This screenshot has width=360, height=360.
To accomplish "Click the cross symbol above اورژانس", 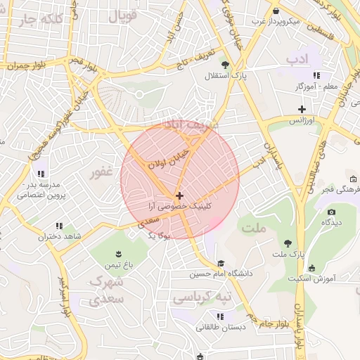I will [302, 109].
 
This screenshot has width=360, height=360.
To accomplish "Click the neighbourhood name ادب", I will [298, 58].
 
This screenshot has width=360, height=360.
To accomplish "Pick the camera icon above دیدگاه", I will [331, 211].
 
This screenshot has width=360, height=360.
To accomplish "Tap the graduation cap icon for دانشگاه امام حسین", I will [210, 263].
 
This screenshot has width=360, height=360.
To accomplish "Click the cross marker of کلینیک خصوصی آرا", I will [180, 195].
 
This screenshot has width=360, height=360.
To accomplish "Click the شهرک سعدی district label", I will [107, 290].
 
